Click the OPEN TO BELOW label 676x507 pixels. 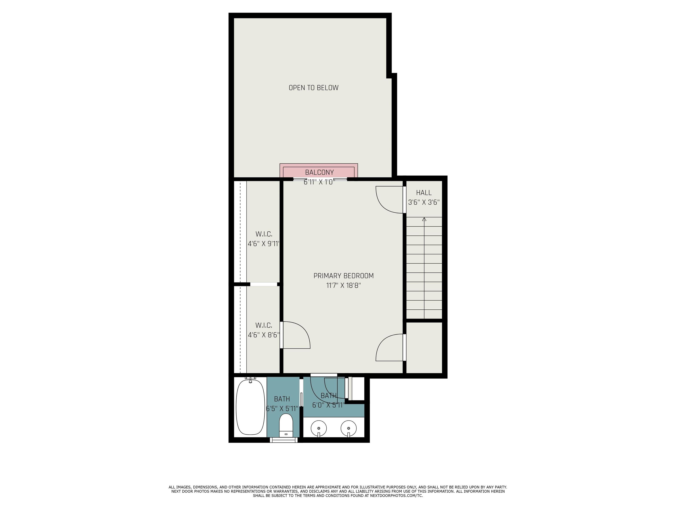coord(314,88)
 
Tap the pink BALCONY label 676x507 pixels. coord(319,172)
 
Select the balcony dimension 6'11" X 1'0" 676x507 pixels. coord(319,182)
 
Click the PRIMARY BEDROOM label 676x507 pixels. coord(344,276)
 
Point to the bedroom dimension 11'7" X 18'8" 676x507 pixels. coord(344,285)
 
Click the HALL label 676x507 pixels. coord(424,193)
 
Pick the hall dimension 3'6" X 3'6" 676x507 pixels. coord(424,202)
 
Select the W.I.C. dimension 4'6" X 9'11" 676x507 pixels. coord(263,244)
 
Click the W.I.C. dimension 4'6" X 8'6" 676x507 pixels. coord(263,335)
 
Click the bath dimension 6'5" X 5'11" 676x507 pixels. coord(282,409)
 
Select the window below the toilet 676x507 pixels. coord(284,440)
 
